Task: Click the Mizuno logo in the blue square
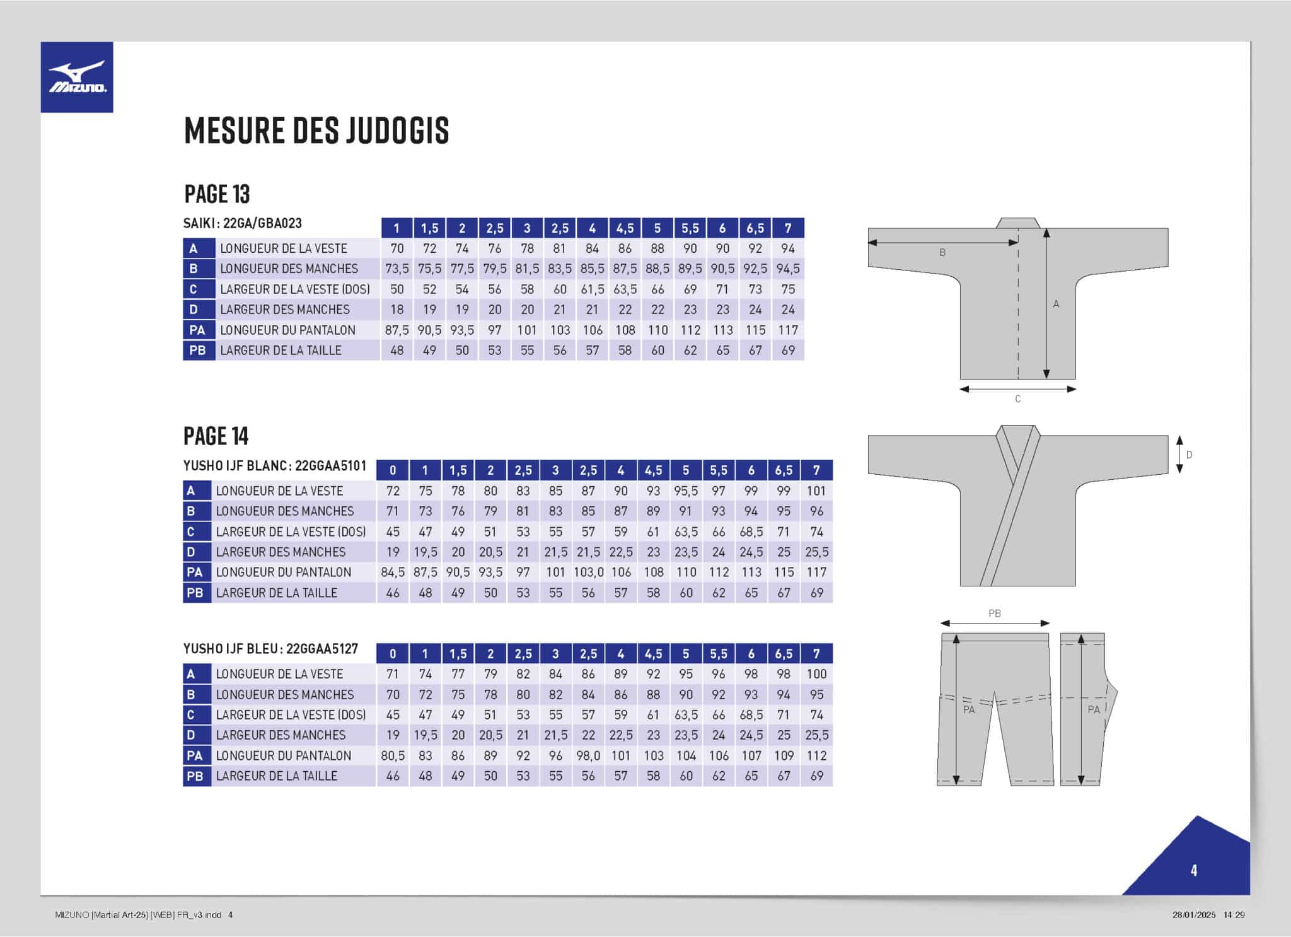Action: point(77,77)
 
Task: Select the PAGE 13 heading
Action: point(217,194)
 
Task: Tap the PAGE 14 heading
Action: point(216,436)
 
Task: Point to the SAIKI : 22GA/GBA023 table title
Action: point(243,223)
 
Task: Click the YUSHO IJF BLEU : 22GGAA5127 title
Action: point(270,649)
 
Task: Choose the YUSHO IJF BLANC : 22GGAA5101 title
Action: point(275,466)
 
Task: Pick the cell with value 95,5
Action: point(686,491)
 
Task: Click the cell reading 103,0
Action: point(588,573)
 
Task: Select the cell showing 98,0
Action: point(588,755)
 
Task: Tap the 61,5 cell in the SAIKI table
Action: point(593,289)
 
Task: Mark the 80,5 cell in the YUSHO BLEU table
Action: point(393,755)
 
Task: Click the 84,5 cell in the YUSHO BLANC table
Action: point(393,573)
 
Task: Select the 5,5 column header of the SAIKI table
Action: point(690,228)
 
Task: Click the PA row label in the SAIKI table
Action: point(197,330)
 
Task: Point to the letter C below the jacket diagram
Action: point(1017,399)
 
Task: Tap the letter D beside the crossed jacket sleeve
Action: point(1189,455)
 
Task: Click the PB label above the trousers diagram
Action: point(995,614)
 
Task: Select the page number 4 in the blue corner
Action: point(1193,871)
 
